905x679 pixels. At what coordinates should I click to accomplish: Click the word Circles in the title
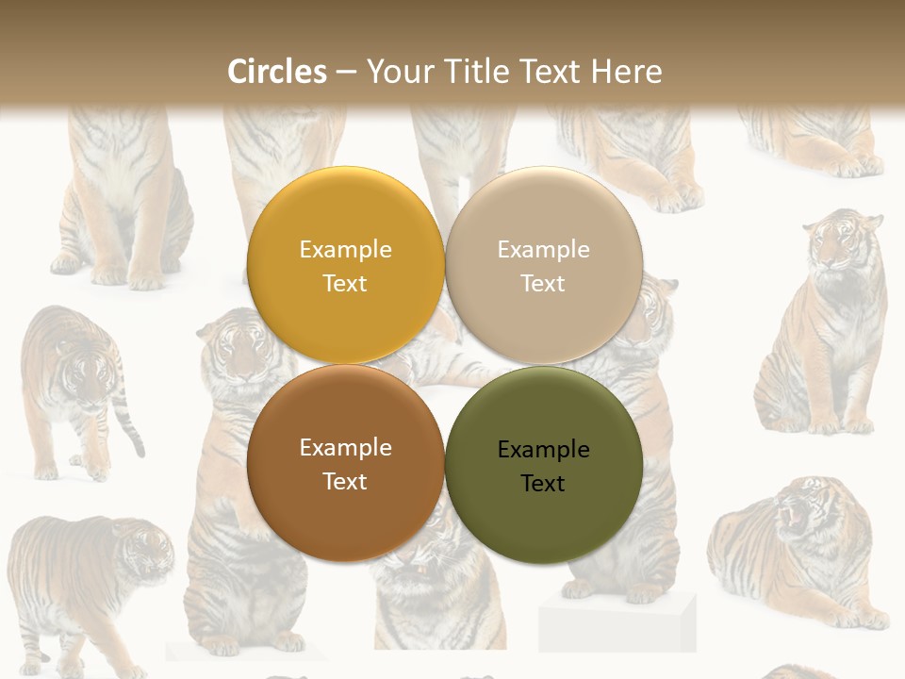(277, 72)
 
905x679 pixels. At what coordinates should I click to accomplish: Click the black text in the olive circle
(544, 467)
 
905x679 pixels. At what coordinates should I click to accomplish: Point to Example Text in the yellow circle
(345, 266)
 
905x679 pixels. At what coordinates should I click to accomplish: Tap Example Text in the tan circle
(543, 266)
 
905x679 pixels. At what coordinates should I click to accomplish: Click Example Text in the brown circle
(345, 464)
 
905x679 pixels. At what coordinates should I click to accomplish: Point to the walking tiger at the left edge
(71, 387)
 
